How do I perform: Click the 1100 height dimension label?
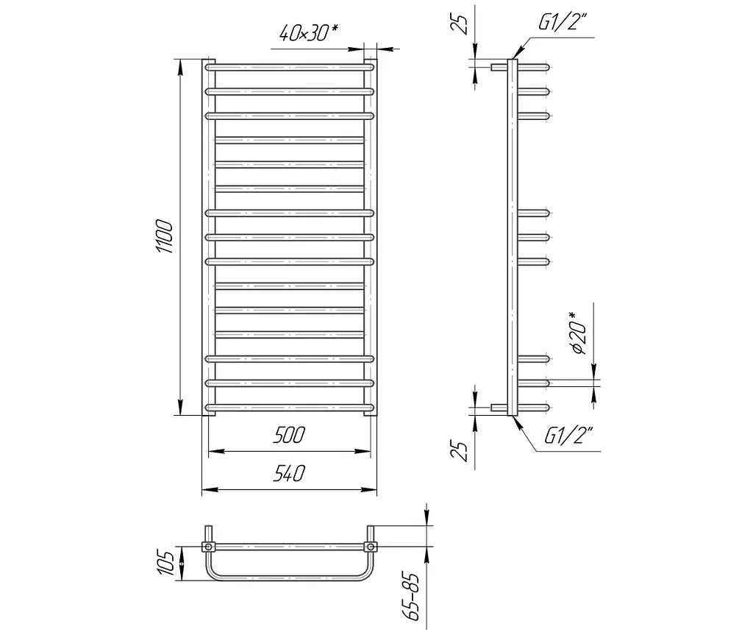164,236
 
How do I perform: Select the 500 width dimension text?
289,435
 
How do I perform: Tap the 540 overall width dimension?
289,473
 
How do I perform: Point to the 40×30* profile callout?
308,32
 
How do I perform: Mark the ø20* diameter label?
579,333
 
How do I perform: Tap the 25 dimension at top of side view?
460,24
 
